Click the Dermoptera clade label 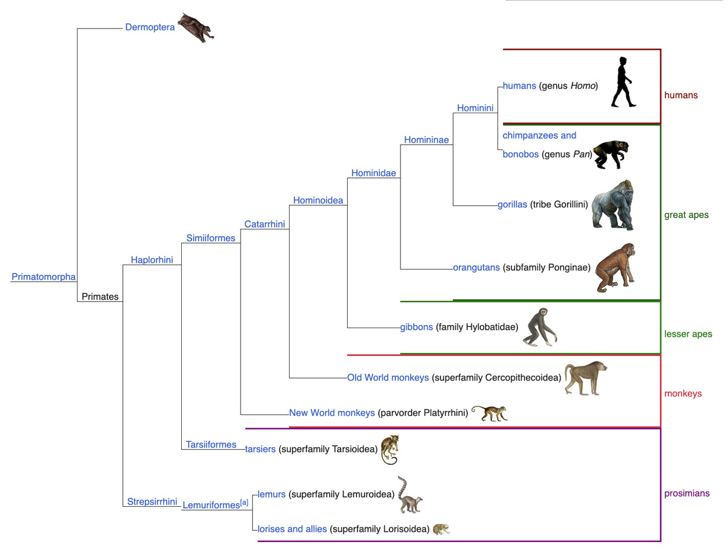[x=150, y=27]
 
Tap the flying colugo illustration [x=196, y=28]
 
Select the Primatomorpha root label [x=44, y=277]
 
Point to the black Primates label [x=100, y=297]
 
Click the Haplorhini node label [x=151, y=260]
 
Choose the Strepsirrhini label [x=152, y=501]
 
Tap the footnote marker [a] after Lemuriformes [x=244, y=503]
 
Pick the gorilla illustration [x=612, y=205]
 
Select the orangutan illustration [x=615, y=268]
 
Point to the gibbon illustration [x=540, y=327]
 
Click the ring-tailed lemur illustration [x=410, y=495]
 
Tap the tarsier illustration [x=390, y=450]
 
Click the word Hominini [x=475, y=108]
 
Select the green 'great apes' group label [x=686, y=215]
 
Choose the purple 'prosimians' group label [x=686, y=494]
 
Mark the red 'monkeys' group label [x=683, y=394]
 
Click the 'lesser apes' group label [x=688, y=334]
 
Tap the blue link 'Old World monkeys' [x=388, y=378]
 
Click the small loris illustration [x=441, y=529]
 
